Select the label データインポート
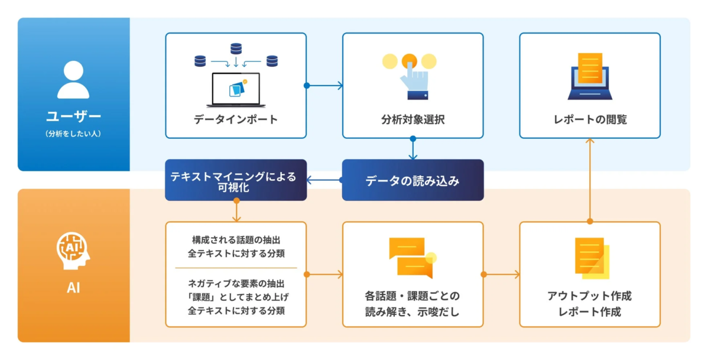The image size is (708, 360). click(235, 120)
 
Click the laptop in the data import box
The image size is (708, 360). click(235, 89)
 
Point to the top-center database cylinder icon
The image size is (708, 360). click(236, 47)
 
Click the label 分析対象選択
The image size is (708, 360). click(413, 120)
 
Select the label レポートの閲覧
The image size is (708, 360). click(590, 120)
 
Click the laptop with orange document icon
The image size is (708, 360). click(590, 76)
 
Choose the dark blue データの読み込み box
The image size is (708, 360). click(413, 180)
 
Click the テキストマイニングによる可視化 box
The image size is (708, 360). click(235, 180)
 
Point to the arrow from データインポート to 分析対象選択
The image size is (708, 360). click(324, 86)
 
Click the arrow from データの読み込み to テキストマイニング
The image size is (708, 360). click(324, 180)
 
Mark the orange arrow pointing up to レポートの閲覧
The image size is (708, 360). click(589, 177)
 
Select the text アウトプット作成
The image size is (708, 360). click(589, 296)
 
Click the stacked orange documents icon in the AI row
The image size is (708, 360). click(592, 258)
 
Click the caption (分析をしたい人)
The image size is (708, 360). click(73, 134)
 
